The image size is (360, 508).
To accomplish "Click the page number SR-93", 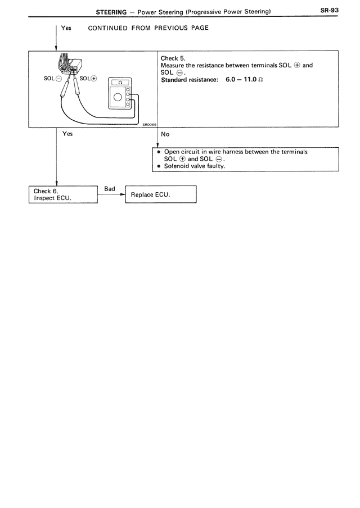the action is click(x=329, y=10).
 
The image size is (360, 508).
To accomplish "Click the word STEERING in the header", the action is click(x=111, y=12).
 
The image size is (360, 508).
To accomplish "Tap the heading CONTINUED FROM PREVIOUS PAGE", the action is click(x=148, y=28).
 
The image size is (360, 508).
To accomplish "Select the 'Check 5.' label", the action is click(x=173, y=58).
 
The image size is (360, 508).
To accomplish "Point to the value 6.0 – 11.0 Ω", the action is click(x=244, y=79).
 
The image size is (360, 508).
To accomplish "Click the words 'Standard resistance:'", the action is click(x=190, y=80).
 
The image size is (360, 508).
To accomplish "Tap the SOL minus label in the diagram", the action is click(x=52, y=79).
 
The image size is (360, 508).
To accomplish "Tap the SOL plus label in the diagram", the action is click(x=88, y=79).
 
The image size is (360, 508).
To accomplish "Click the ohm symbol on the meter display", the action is click(x=120, y=83).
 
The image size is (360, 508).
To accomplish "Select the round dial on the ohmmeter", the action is click(x=118, y=97).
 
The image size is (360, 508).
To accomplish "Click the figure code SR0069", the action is click(x=150, y=124).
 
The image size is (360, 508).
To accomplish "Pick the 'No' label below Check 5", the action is click(x=165, y=134).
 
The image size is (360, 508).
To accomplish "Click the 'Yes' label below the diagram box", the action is click(x=67, y=134).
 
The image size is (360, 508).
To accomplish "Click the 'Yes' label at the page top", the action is click(x=66, y=28).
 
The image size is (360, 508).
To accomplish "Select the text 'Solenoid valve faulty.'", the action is click(x=194, y=166).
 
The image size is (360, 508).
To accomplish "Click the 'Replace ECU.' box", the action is click(x=161, y=194).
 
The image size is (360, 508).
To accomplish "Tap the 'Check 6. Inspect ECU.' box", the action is click(x=63, y=194).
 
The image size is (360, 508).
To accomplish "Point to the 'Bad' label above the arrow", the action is click(x=110, y=189).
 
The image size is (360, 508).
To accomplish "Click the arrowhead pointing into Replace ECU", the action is click(x=123, y=194).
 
